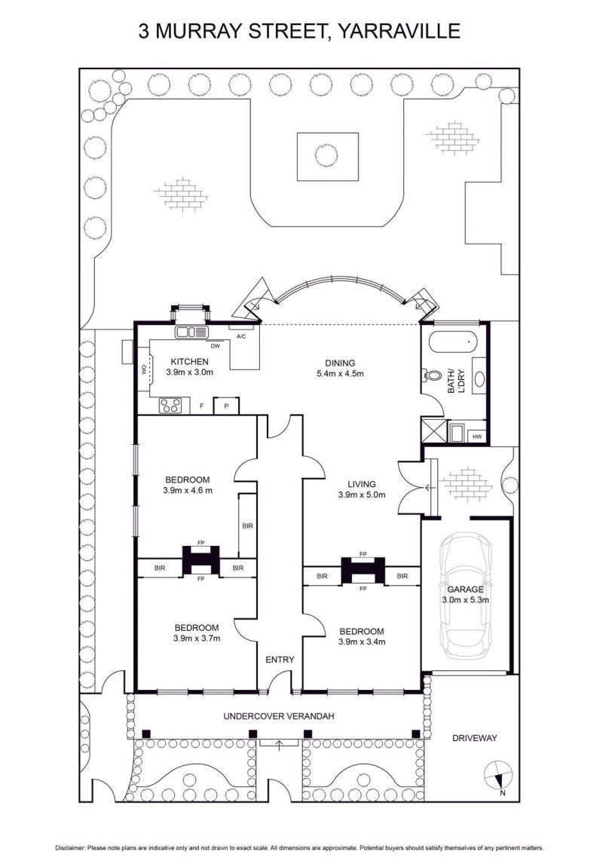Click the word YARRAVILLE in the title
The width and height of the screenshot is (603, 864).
[398, 31]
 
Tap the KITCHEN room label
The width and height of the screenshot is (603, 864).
[189, 362]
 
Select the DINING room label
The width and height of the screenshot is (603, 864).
[340, 363]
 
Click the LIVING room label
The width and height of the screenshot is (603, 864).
[361, 484]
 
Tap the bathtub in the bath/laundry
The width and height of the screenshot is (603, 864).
[454, 342]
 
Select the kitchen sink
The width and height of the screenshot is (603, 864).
[191, 332]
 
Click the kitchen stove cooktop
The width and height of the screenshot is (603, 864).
[170, 406]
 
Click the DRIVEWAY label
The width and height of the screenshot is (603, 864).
[474, 738]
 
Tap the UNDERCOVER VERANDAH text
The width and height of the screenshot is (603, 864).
[279, 716]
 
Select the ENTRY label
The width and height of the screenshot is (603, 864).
[280, 660]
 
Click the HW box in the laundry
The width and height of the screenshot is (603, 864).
[477, 437]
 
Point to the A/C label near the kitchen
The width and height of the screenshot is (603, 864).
[240, 336]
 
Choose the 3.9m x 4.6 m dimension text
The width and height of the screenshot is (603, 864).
[188, 490]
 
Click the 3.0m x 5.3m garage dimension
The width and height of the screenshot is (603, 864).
[465, 600]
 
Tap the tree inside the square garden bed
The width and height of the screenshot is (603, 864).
[326, 155]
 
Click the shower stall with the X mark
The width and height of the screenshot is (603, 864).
[433, 430]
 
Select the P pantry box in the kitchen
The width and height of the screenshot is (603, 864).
[226, 406]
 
